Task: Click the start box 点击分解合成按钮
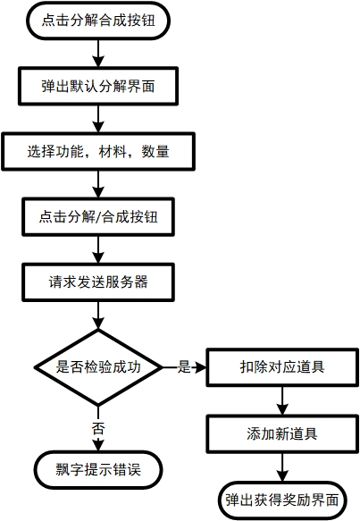(x=98, y=21)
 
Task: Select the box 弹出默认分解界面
(x=98, y=87)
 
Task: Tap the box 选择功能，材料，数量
(x=98, y=152)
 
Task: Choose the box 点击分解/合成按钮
(x=98, y=217)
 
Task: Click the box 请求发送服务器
(x=98, y=282)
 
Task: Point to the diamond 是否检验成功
(x=98, y=367)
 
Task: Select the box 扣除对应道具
(x=282, y=367)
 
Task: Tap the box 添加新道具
(x=282, y=433)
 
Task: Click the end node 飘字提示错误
(x=98, y=470)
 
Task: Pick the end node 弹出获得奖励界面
(x=282, y=500)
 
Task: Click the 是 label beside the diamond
(x=184, y=366)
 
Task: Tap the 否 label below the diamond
(x=98, y=429)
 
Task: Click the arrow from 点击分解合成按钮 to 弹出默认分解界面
(x=98, y=54)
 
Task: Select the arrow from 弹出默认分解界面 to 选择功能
(x=98, y=119)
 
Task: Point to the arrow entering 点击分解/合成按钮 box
(x=98, y=184)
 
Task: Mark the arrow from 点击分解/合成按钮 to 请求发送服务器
(x=98, y=249)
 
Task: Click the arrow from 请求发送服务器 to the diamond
(x=98, y=315)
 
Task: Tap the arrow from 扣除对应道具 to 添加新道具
(x=282, y=400)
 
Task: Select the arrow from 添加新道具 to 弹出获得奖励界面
(x=282, y=467)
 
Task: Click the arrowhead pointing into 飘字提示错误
(x=98, y=445)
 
